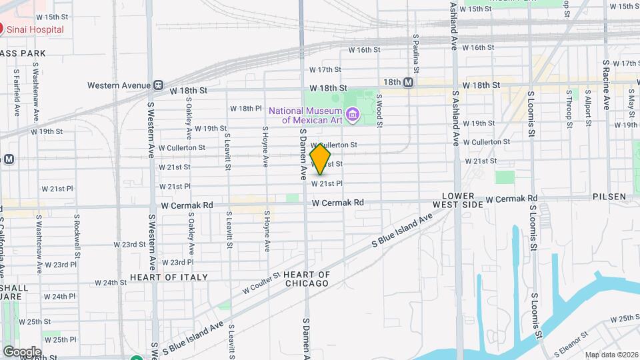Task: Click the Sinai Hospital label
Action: tap(36, 30)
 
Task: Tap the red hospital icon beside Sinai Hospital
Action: tap(1, 29)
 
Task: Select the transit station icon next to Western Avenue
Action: tap(158, 85)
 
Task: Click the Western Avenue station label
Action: tap(120, 85)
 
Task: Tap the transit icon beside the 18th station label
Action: tap(408, 82)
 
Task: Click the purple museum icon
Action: tap(355, 115)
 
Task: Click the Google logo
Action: tap(21, 351)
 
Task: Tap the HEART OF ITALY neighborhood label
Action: tap(169, 277)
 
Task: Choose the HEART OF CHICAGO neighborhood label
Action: tap(306, 279)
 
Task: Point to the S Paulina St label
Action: tap(415, 54)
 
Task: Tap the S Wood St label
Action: tap(379, 109)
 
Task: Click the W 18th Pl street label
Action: tap(247, 108)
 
